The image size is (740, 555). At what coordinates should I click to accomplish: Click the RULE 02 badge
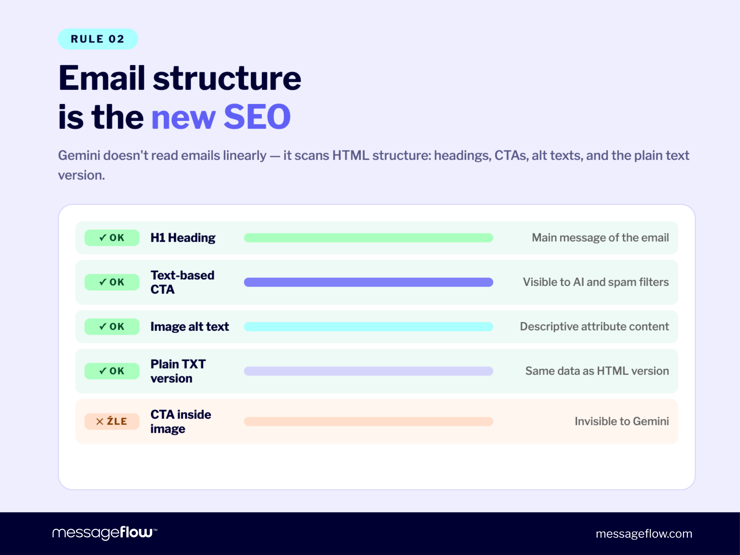click(x=98, y=39)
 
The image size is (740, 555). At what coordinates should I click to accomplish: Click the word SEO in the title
click(x=257, y=117)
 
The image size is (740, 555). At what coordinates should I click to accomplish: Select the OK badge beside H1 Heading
click(x=112, y=238)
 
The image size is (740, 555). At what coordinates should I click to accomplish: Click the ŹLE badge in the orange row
click(x=112, y=421)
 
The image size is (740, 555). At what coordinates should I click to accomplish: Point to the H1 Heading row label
click(x=183, y=238)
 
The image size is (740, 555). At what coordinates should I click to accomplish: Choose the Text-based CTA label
click(x=182, y=282)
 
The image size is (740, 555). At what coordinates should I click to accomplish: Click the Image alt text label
click(x=189, y=327)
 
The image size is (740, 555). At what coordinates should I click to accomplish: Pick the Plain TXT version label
click(x=178, y=371)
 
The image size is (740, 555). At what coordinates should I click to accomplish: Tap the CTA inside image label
click(x=180, y=421)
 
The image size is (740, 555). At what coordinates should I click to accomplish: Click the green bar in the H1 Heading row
click(x=368, y=238)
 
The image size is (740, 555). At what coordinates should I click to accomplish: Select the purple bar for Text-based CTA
click(x=368, y=282)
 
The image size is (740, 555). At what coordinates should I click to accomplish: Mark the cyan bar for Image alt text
click(x=368, y=327)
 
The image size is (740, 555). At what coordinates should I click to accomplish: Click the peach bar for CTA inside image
click(x=368, y=421)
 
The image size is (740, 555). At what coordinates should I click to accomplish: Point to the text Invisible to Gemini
click(x=621, y=421)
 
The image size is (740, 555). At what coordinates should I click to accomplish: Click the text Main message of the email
click(x=600, y=238)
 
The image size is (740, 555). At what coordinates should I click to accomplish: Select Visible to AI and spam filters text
click(x=595, y=282)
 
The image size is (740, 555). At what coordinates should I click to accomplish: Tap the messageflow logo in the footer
click(x=104, y=533)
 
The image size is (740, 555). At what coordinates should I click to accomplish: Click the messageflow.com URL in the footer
click(x=644, y=534)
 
